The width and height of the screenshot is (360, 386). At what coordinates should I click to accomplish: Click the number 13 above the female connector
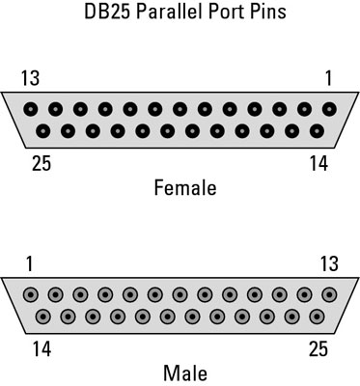tap(32, 77)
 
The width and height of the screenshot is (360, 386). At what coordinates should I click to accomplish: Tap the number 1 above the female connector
tap(328, 77)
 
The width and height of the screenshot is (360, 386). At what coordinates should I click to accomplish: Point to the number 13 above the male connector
tap(328, 262)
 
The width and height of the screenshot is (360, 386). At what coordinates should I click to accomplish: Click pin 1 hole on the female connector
tap(329, 108)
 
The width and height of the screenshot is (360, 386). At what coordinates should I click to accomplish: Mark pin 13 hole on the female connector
tap(32, 108)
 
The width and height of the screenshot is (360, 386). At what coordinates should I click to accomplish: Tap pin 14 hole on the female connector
tap(317, 130)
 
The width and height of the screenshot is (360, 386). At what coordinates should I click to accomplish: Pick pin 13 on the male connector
tap(329, 293)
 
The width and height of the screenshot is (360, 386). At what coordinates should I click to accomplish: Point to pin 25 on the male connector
tap(317, 316)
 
